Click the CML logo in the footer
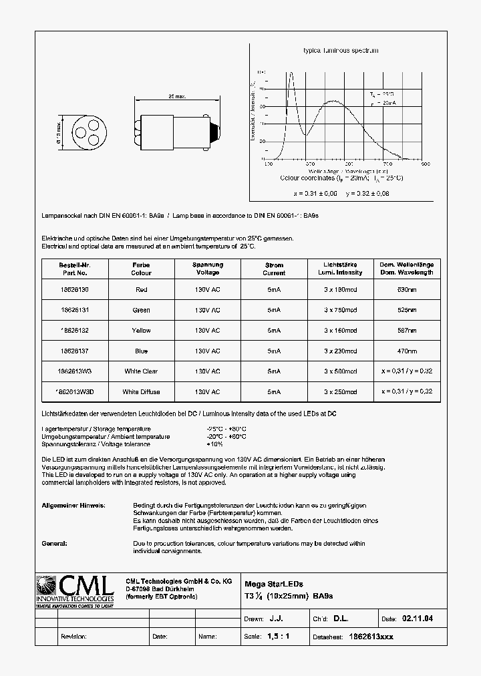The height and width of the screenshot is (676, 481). [x=75, y=588]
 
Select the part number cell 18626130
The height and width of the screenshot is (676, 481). [x=73, y=290]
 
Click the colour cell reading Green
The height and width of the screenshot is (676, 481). [x=141, y=310]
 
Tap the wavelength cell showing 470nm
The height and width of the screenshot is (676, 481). [x=407, y=351]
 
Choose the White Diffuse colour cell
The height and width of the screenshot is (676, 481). [x=141, y=391]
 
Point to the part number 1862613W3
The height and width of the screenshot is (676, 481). [x=73, y=371]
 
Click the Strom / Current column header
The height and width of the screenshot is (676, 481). [x=274, y=269]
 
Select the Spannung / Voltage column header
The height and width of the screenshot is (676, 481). [x=207, y=269]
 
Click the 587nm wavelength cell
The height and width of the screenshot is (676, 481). [x=407, y=331]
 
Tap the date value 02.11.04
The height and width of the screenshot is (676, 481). [x=417, y=619]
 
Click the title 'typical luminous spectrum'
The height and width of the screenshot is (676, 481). [x=341, y=51]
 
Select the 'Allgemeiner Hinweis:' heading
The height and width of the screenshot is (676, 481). [x=73, y=506]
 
